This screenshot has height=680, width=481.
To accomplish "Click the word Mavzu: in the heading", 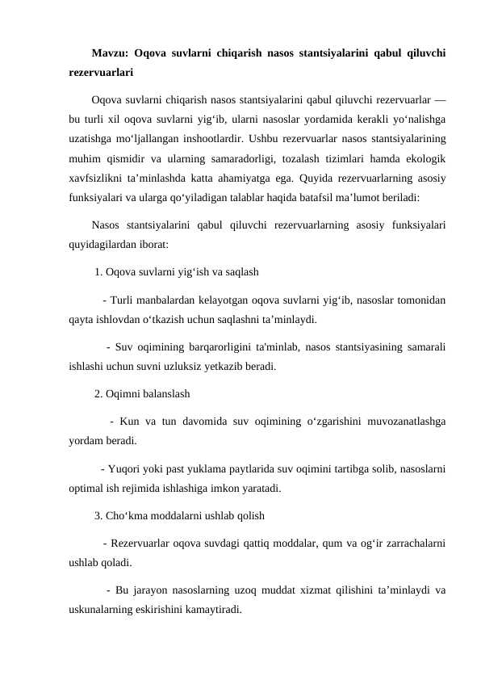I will [111, 54].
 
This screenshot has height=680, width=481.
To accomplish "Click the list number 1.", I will [98, 271].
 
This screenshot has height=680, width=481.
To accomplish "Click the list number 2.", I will [98, 395].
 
